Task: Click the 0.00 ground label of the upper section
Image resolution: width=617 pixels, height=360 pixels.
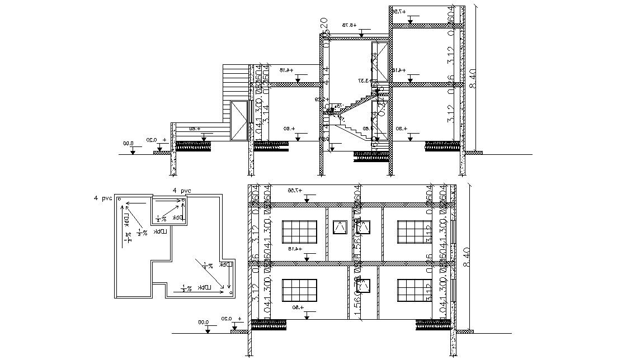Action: tap(129, 143)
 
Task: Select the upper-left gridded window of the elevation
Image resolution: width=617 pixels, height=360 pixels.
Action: tap(300, 232)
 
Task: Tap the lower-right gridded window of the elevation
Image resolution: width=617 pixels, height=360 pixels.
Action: tap(414, 291)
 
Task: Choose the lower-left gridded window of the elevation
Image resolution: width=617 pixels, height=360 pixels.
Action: tap(300, 291)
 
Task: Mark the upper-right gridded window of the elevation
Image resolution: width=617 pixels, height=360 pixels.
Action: tap(414, 232)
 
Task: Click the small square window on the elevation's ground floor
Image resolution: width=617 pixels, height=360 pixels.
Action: tap(364, 286)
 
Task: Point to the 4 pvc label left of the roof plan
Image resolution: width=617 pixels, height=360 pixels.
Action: tap(103, 198)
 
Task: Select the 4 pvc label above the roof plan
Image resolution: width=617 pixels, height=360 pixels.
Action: tap(182, 191)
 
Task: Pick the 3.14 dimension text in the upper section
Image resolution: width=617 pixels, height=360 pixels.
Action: tap(266, 115)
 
